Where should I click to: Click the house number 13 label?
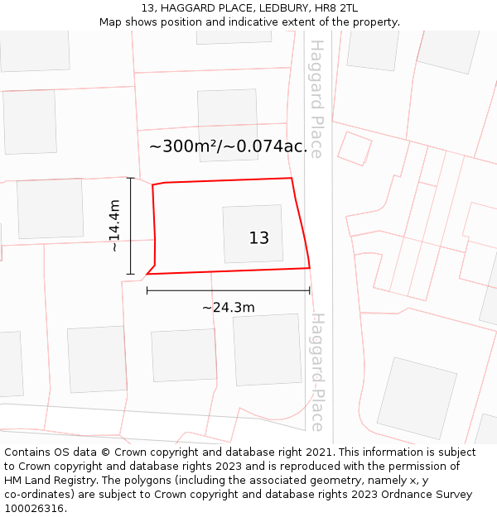258,238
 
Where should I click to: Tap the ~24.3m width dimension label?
228,308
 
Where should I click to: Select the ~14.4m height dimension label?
115,225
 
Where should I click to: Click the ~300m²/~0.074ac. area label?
228,146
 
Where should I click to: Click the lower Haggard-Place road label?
316,371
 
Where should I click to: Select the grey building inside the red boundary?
253,234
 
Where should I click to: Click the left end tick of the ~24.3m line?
147,290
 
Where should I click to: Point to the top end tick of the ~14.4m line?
130,178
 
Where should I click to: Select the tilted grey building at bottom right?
417,398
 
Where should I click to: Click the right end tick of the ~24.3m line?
309,290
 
